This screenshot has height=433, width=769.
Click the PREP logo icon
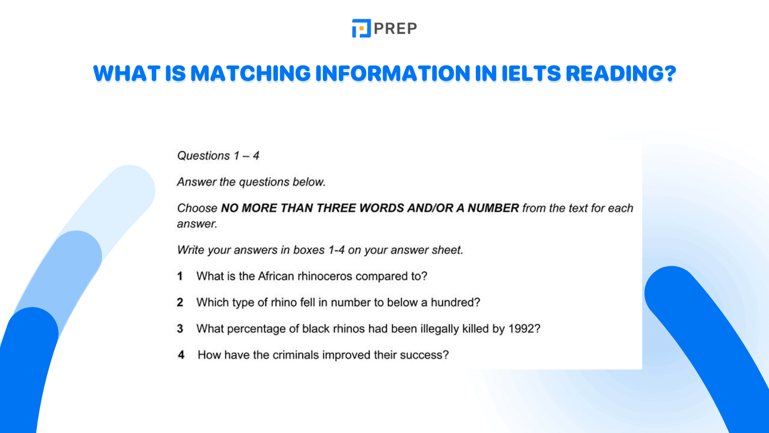pos(361,28)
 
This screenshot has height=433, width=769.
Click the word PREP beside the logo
pos(395,29)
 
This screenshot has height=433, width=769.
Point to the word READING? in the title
pos(620,74)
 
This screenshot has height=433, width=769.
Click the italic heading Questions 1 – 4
pos(218,156)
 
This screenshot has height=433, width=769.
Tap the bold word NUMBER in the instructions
pos(493,208)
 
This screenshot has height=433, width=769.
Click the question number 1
pos(180,276)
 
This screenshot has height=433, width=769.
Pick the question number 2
pos(180,303)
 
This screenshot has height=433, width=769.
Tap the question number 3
pos(180,329)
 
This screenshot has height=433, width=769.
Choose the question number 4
pos(181,355)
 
